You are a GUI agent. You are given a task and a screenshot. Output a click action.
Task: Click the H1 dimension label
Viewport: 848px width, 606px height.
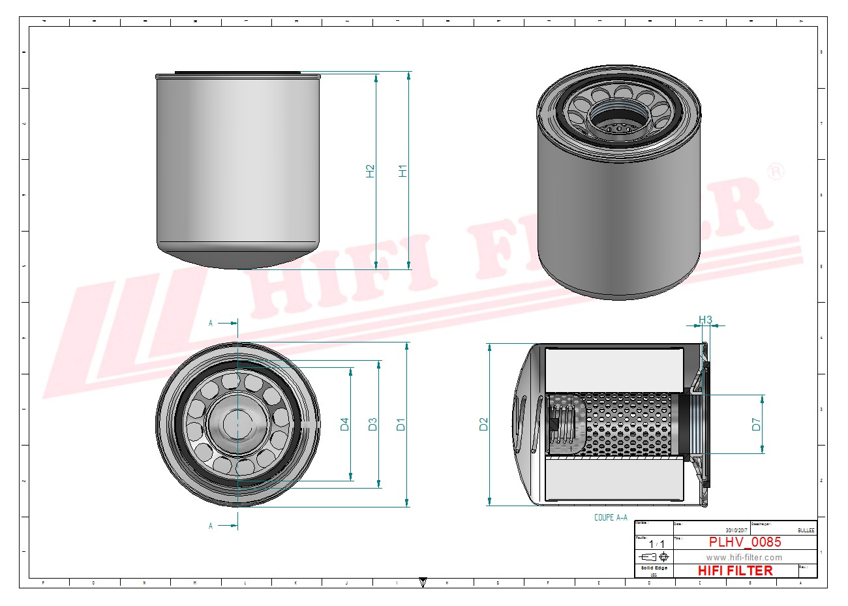[x=403, y=171]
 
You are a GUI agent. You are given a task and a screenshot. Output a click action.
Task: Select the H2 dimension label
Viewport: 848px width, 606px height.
[x=371, y=171]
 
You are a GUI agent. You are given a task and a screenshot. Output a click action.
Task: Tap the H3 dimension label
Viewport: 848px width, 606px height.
[x=705, y=320]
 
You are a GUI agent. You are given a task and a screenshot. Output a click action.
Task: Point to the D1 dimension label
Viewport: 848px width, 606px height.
[x=401, y=424]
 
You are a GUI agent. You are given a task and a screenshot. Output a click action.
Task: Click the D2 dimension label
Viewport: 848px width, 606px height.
[x=483, y=424]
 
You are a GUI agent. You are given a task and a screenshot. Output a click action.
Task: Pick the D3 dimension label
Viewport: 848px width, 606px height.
[x=372, y=424]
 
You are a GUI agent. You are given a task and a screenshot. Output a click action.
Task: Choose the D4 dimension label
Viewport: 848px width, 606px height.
[x=345, y=424]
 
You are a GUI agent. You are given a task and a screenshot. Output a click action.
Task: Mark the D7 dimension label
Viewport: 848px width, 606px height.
[x=756, y=424]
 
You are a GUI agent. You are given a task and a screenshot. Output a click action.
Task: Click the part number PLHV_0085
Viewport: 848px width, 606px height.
[x=744, y=542]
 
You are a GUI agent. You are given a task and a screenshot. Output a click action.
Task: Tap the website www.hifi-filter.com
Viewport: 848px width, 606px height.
[x=744, y=557]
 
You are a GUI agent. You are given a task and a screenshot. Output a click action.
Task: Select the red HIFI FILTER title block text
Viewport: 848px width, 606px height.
[x=735, y=571]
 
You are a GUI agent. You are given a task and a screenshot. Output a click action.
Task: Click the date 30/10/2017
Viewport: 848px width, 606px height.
[x=736, y=530]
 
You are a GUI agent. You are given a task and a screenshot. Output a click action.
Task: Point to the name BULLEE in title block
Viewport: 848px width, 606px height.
[x=806, y=530]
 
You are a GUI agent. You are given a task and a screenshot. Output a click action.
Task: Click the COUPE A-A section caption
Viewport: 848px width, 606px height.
[x=611, y=517]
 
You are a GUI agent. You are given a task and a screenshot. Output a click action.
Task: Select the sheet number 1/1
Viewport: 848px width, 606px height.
[x=653, y=543]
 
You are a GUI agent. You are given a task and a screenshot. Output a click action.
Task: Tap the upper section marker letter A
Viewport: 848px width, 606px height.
[x=211, y=323]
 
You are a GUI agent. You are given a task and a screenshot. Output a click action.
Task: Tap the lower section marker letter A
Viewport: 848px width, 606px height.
[x=211, y=526]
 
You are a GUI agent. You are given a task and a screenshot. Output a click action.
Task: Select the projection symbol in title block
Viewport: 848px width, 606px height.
[x=654, y=557]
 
